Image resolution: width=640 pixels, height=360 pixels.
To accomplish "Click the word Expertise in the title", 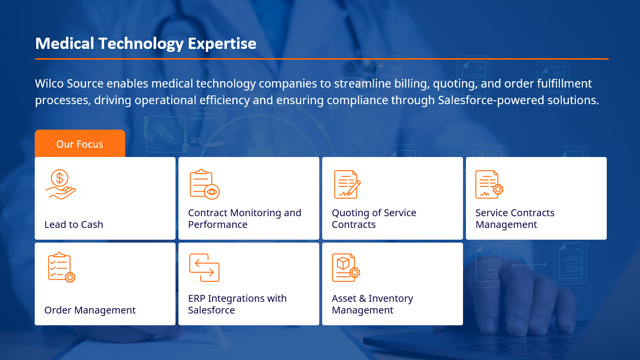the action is (222, 44).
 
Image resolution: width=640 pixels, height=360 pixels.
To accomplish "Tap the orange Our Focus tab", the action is (80, 143).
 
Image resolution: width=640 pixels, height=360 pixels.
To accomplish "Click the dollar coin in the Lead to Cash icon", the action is (60, 178).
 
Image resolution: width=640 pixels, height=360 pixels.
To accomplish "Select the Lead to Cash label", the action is (74, 225).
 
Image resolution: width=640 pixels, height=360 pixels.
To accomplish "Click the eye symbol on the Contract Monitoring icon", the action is (212, 192).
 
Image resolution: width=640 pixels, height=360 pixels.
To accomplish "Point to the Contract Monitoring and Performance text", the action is (244, 219).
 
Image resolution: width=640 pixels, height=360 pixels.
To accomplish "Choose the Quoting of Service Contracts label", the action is (374, 219).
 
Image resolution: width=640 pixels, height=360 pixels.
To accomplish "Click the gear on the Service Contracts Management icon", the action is (498, 189).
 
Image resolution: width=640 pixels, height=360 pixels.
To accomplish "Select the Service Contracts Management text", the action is (515, 219).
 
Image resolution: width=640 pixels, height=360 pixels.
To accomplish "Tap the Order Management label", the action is (90, 310).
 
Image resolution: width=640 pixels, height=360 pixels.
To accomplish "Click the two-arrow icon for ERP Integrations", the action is (204, 268).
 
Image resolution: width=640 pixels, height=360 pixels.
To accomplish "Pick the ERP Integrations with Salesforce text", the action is (237, 304).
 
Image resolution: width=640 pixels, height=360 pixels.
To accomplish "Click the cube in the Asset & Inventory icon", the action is (343, 263).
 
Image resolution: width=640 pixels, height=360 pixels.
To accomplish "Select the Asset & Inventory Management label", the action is (372, 304).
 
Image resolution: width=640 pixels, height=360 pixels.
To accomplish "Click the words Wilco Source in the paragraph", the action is (69, 84).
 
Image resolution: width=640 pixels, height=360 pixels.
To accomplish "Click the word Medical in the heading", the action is (65, 44).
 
